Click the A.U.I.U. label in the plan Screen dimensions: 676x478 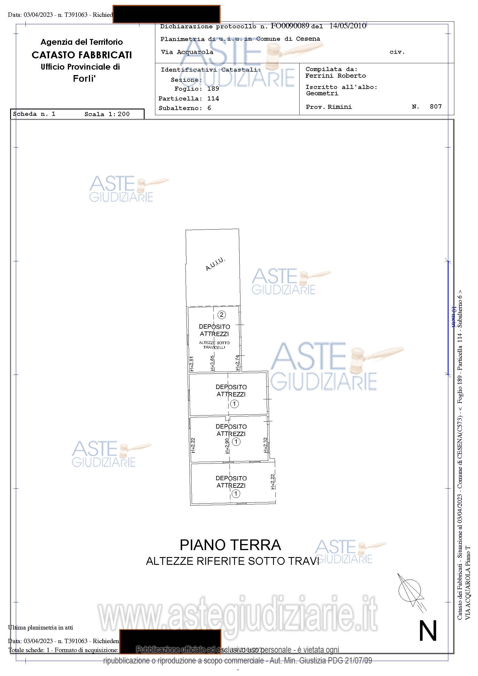click(215, 264)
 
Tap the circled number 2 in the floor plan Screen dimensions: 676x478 click(221, 315)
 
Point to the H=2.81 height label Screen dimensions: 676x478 click(191, 364)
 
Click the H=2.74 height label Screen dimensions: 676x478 click(237, 363)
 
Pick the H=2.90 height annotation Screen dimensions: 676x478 click(227, 446)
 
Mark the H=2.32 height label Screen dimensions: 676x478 click(265, 445)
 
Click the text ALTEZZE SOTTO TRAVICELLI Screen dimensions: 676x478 click(214, 345)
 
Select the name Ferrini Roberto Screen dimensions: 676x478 click(335, 76)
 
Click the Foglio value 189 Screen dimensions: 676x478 click(213, 89)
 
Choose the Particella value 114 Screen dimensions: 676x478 click(213, 98)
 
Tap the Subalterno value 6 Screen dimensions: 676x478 click(209, 108)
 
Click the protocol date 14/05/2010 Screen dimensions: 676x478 click(348, 26)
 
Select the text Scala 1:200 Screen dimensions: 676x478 click(107, 114)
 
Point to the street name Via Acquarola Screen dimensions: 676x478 click(187, 52)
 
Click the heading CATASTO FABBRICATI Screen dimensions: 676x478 click(82, 55)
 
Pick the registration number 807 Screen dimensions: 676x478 click(436, 107)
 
